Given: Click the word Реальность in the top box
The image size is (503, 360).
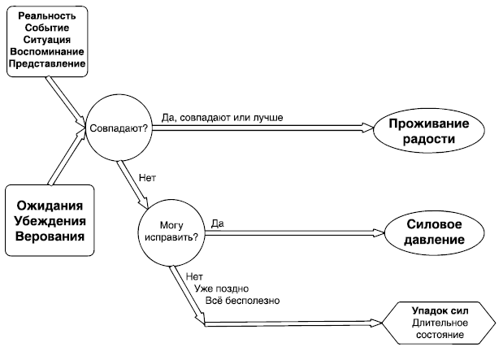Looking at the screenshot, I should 47,15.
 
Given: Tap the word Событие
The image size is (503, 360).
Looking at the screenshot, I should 47,28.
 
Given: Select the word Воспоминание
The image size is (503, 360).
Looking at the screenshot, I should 47,50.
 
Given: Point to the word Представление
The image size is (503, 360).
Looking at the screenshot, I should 47,63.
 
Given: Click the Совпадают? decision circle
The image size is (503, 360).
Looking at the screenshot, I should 119,128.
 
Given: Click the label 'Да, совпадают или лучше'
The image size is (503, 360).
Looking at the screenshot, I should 222,118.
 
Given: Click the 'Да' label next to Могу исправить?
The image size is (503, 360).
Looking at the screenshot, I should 217,223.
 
